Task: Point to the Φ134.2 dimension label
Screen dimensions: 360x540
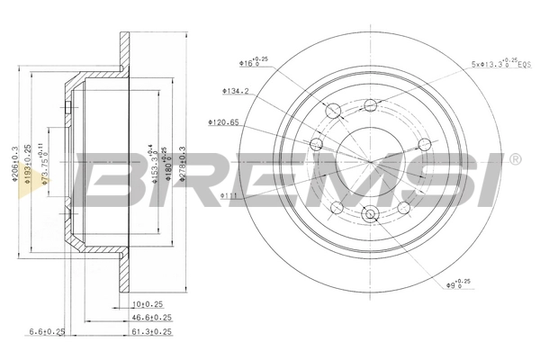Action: [235, 90]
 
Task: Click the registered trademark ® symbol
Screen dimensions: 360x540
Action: [514, 160]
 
